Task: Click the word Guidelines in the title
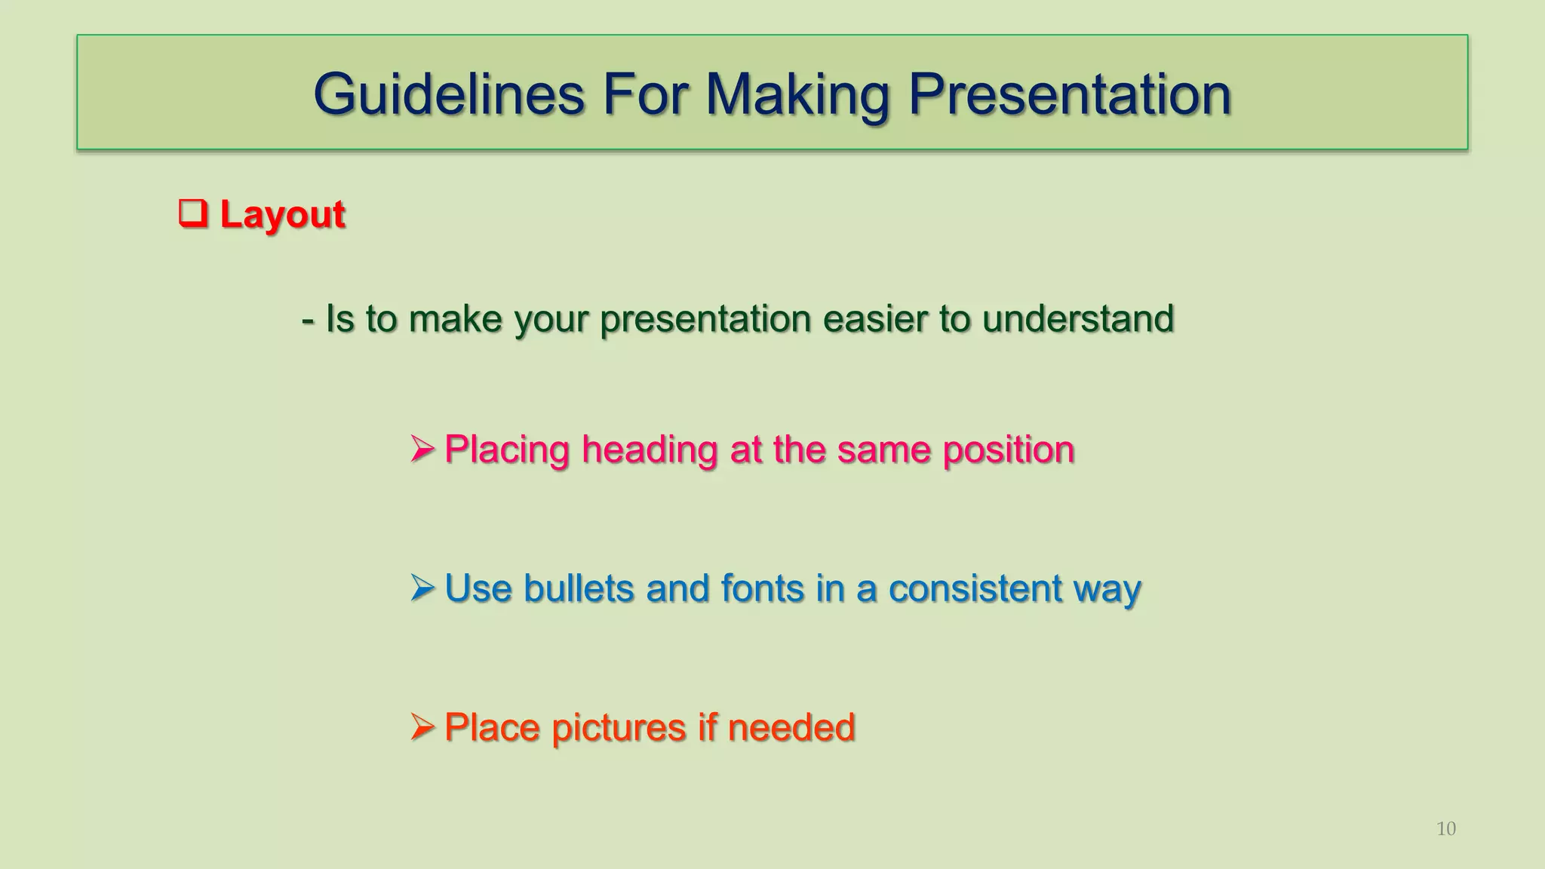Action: point(449,94)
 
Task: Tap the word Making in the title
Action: point(797,94)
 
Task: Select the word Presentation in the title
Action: point(1069,94)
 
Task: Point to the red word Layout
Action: point(282,215)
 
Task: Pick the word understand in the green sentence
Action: point(1078,318)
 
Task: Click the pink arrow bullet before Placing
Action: point(422,450)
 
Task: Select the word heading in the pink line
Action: point(650,450)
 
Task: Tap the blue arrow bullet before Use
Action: point(422,588)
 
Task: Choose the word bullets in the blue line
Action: point(579,588)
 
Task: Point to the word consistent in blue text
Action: point(975,588)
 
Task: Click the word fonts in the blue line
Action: point(762,588)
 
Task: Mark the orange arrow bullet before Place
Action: point(422,727)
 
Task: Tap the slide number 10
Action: point(1445,829)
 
